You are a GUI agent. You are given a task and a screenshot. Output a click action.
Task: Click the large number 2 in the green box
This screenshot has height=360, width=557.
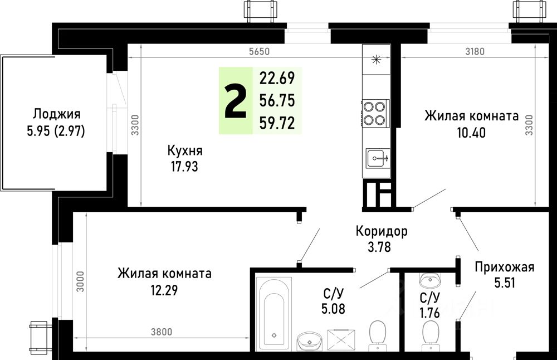(235, 101)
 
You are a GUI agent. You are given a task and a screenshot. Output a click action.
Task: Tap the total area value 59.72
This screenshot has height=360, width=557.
(277, 123)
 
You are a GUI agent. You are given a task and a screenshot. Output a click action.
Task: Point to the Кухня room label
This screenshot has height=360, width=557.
(184, 150)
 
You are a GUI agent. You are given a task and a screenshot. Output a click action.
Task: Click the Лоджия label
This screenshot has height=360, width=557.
(57, 114)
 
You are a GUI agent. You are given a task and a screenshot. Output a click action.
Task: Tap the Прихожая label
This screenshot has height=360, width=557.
(505, 267)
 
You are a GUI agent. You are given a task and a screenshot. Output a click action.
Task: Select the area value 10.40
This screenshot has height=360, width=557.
(471, 133)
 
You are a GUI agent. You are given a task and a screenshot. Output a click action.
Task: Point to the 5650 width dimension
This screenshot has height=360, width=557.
(259, 52)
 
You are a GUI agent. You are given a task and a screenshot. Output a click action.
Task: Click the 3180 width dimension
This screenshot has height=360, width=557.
(475, 52)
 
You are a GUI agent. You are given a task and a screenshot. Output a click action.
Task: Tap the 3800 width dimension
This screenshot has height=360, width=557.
(161, 332)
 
